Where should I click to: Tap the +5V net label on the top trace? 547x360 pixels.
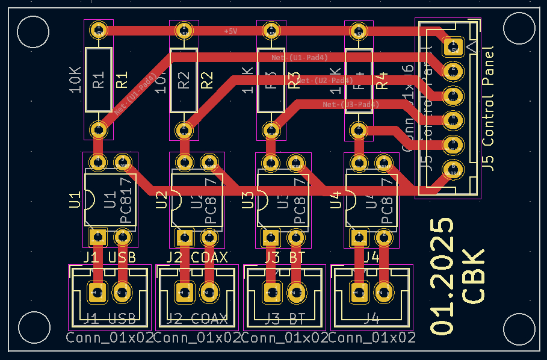coord(230,31)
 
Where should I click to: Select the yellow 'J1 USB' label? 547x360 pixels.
coord(110,258)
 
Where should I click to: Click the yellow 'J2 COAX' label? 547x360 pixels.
coord(197,258)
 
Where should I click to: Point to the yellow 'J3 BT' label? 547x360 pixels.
coord(285,258)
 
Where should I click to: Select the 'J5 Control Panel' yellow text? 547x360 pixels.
coord(489,109)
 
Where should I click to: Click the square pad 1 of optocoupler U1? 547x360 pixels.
coord(97,237)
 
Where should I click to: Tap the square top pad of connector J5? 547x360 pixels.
coord(451,46)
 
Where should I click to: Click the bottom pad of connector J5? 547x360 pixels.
coord(451,170)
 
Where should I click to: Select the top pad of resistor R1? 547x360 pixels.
coord(98,30)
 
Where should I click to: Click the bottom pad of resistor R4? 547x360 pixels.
coord(359,129)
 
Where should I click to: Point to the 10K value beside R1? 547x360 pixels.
coord(75,79)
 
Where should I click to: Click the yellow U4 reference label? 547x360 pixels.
coord(336,199)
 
